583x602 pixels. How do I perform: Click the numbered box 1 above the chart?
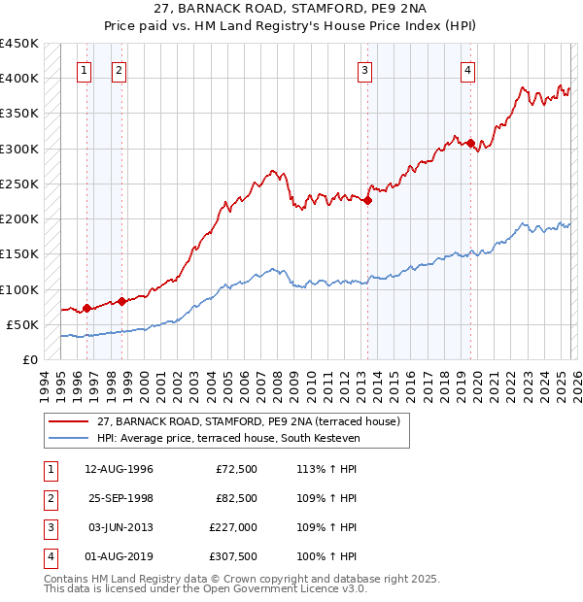[86, 69]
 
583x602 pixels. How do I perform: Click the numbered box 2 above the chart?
[119, 69]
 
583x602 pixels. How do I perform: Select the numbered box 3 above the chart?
[364, 69]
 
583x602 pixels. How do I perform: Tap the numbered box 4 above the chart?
[468, 69]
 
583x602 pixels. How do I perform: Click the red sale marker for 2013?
[368, 201]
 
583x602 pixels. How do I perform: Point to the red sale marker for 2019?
[471, 144]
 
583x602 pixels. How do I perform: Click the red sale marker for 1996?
[86, 309]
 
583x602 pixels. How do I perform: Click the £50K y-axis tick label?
[23, 324]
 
